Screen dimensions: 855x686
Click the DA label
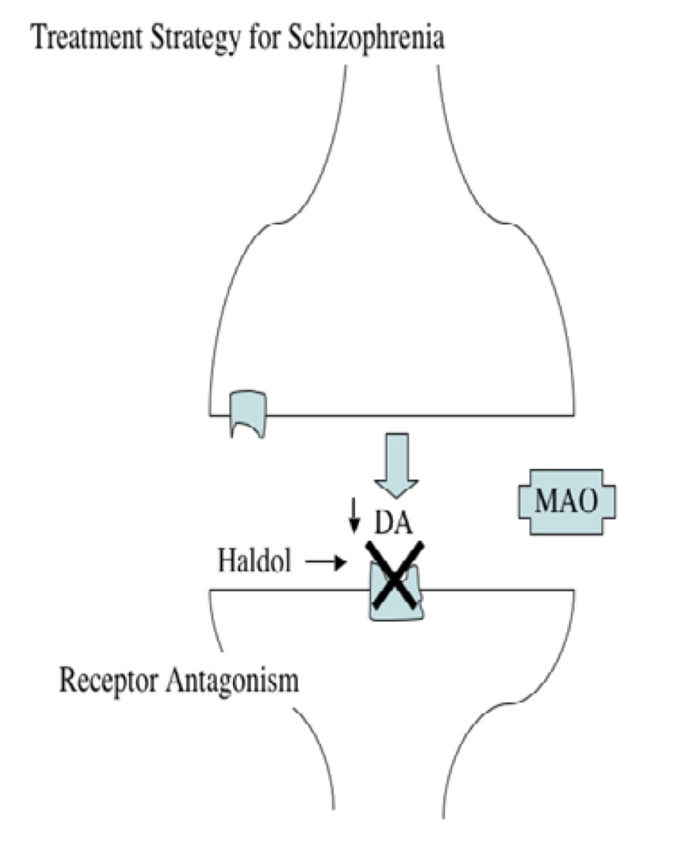coord(394,523)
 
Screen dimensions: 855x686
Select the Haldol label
coord(254,562)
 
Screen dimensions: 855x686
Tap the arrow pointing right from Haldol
coord(324,563)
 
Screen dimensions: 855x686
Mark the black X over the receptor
coord(397,574)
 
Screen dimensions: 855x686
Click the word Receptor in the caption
coord(112,682)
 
